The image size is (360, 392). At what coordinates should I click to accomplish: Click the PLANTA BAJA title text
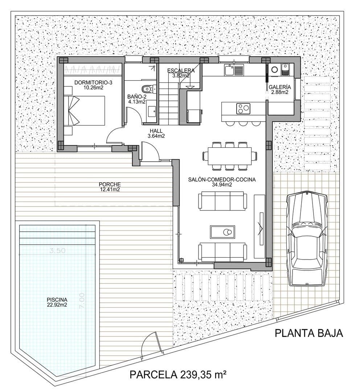(x=308, y=333)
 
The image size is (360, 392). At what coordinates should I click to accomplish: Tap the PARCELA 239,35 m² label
(x=178, y=374)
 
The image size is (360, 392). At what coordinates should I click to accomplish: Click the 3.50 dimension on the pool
(x=57, y=250)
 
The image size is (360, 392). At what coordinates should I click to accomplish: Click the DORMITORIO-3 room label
(x=93, y=85)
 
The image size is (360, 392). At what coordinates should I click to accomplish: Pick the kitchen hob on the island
(x=243, y=108)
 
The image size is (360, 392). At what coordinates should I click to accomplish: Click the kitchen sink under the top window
(x=229, y=70)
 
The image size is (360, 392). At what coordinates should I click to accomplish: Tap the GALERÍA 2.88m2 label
(x=279, y=90)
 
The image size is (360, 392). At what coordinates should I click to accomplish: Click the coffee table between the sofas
(x=222, y=231)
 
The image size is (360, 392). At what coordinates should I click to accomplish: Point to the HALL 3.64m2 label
(x=157, y=134)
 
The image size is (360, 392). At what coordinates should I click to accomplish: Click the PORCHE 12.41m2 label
(x=110, y=187)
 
